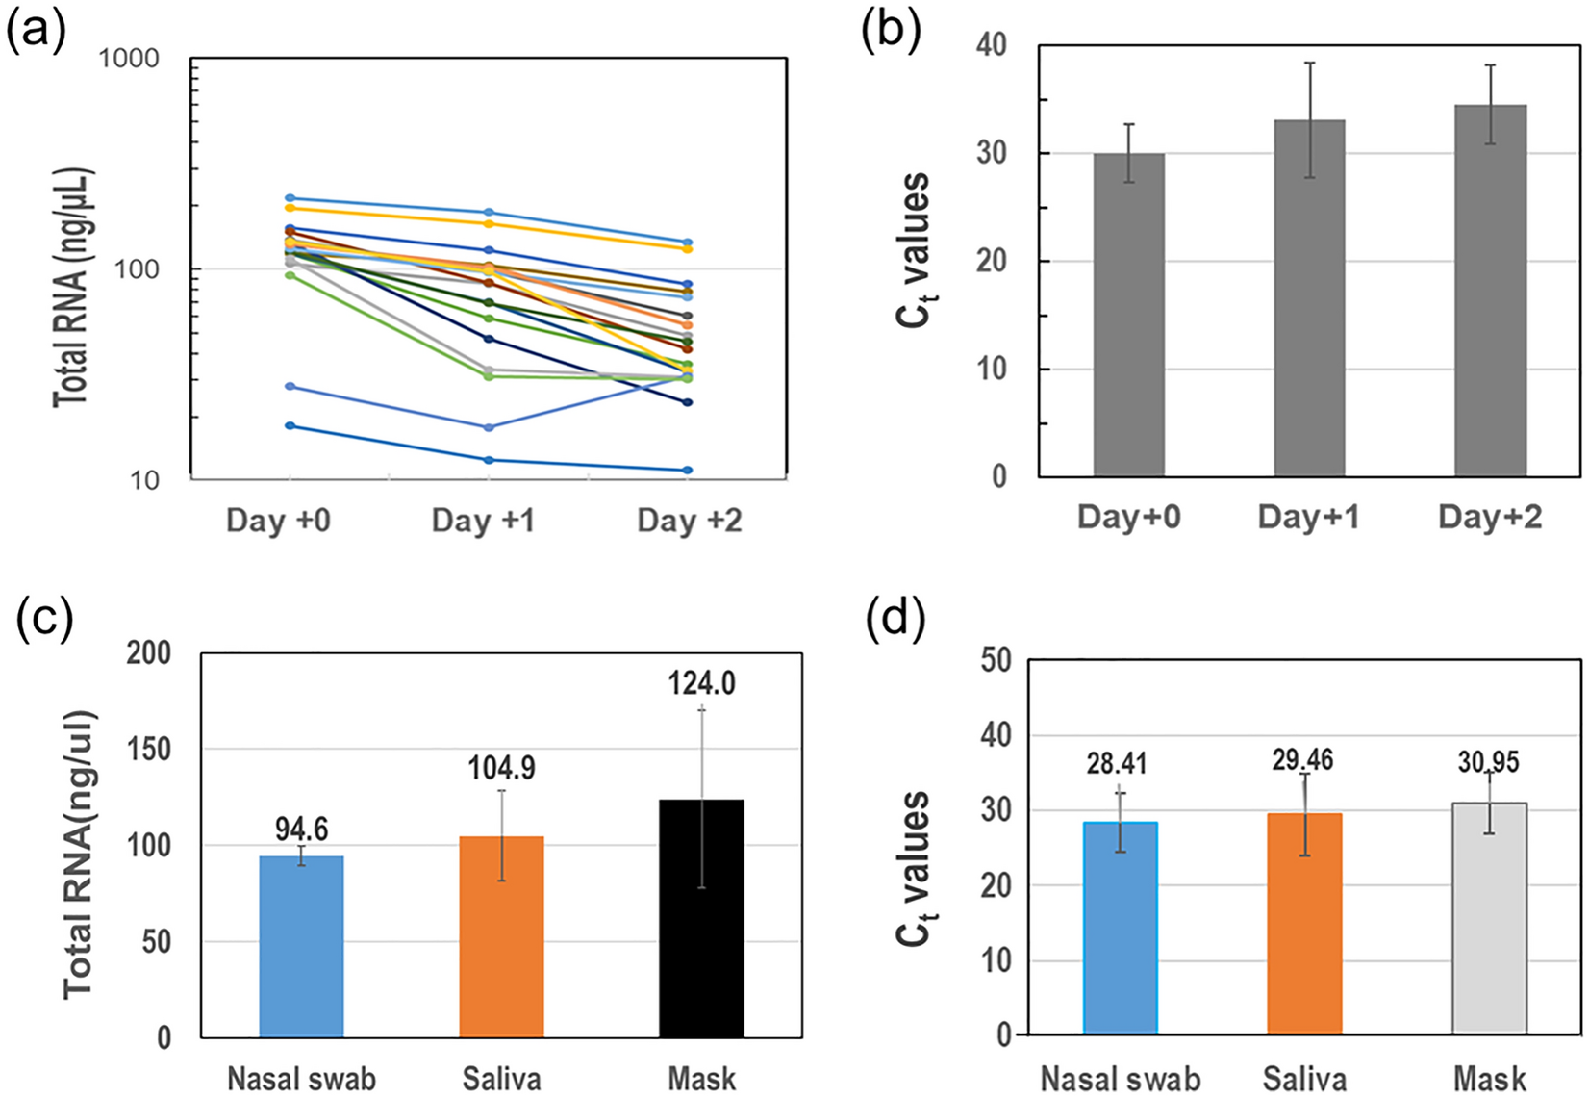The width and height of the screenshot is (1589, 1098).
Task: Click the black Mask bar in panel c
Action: (x=701, y=919)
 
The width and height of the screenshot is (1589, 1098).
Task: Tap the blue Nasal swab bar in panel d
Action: (x=1120, y=929)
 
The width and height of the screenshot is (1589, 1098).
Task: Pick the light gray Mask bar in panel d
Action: (x=1489, y=919)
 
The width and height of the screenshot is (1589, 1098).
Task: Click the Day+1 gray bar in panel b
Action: (x=1308, y=298)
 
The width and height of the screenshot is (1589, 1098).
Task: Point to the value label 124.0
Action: (x=701, y=684)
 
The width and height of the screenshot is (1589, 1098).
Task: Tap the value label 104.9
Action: (x=501, y=768)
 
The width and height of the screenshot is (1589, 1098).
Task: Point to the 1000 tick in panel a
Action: (x=129, y=60)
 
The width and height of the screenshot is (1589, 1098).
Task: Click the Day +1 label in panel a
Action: (x=483, y=521)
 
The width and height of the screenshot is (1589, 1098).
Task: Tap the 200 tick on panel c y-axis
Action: (x=148, y=653)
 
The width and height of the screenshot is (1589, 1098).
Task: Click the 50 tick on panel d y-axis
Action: (x=996, y=661)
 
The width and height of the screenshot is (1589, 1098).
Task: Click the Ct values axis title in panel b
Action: (x=914, y=250)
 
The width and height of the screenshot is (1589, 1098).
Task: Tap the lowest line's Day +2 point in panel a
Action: (x=687, y=471)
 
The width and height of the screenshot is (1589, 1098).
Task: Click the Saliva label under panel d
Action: (x=1304, y=1079)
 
